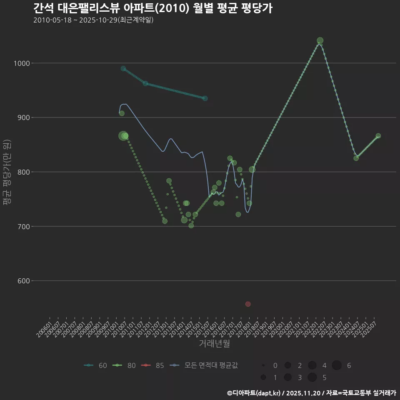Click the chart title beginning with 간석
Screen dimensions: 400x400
(152, 8)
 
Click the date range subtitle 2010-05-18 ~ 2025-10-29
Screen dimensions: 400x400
(93, 20)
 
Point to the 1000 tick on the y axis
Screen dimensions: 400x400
(20, 63)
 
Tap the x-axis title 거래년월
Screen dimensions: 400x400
(214, 344)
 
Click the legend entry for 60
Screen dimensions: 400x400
(95, 365)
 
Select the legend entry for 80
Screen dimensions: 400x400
(125, 365)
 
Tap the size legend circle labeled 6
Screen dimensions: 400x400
(337, 365)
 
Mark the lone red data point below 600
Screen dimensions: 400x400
(248, 304)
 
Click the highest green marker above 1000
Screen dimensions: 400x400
(320, 41)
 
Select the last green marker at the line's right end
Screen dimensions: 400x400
(378, 136)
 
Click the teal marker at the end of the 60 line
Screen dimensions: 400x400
(205, 98)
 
